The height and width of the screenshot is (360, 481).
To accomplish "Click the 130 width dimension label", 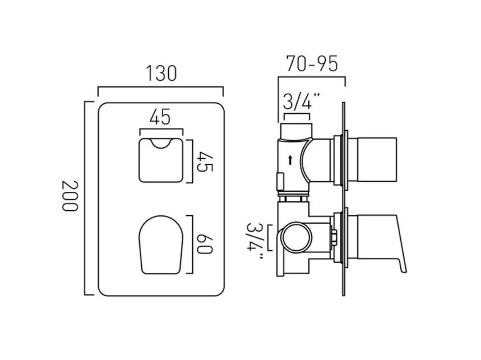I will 161,73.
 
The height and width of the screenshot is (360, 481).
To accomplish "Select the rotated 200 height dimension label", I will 69,196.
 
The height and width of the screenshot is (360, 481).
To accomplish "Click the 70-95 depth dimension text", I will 312,64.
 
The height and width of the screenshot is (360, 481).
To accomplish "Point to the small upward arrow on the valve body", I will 290,160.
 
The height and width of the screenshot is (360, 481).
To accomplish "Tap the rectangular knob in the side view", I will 373,160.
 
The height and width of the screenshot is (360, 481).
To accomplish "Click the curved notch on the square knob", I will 160,145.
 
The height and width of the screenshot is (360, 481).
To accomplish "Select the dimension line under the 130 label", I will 160,87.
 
